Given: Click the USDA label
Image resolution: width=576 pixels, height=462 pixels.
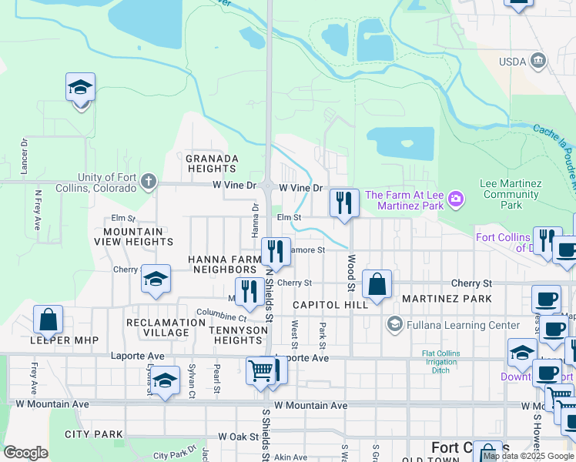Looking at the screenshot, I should [x=511, y=60].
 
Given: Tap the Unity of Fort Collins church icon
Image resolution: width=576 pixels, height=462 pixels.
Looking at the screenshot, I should [x=149, y=182].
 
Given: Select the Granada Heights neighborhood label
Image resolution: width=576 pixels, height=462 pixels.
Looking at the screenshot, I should [x=211, y=163].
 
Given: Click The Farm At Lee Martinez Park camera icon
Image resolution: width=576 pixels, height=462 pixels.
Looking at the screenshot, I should [x=457, y=199].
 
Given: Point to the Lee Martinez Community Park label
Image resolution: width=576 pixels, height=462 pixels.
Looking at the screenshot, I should [x=511, y=194].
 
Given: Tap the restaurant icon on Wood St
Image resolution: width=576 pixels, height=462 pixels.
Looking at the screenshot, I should [x=344, y=203].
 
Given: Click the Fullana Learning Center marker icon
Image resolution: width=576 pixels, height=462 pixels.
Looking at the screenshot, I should [x=395, y=325].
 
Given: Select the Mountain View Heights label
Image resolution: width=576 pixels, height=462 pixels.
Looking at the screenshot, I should [x=133, y=236].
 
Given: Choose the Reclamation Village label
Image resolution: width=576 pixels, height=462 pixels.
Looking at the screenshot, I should [x=157, y=327].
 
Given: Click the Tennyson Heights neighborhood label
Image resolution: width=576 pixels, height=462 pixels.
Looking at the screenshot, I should [x=238, y=335].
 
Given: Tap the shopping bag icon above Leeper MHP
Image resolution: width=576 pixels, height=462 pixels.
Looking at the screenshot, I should [x=48, y=320].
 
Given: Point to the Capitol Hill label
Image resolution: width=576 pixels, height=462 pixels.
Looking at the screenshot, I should [x=331, y=306].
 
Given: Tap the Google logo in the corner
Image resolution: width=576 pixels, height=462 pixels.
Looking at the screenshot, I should [x=25, y=453].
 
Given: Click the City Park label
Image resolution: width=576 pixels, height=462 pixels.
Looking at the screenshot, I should [x=94, y=434].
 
